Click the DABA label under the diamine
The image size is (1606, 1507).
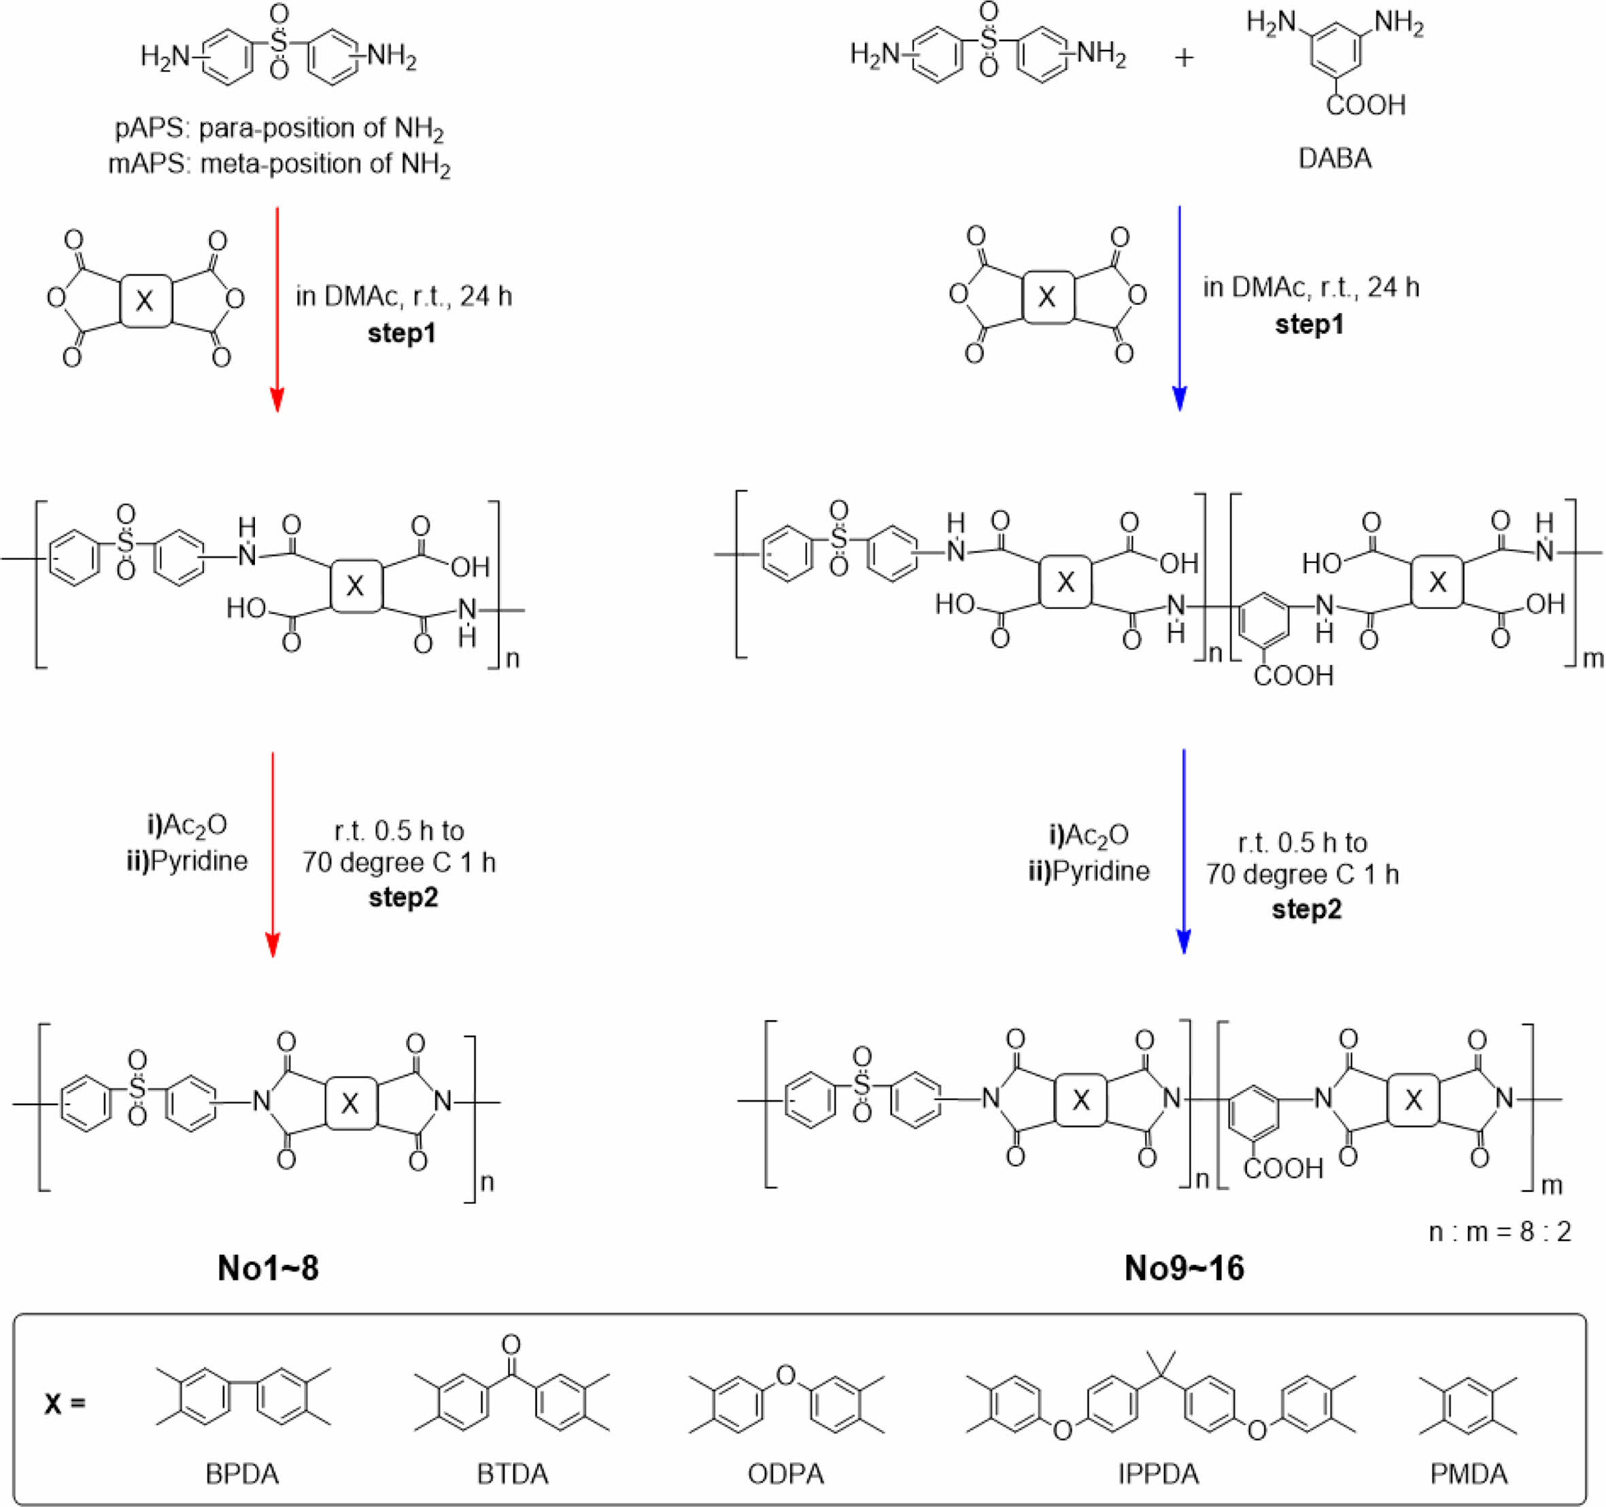tap(1335, 158)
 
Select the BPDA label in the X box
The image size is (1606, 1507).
tap(242, 1474)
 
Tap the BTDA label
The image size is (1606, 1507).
tap(512, 1474)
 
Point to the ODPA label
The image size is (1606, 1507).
tap(786, 1474)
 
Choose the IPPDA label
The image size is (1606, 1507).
tap(1159, 1474)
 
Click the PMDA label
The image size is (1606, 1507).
tap(1469, 1474)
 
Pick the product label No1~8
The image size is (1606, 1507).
tap(268, 1268)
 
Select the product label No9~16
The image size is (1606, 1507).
tap(1184, 1268)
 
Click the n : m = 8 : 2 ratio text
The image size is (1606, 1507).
tap(1499, 1231)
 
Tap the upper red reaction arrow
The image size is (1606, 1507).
tap(277, 307)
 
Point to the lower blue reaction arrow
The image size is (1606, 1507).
tap(1184, 849)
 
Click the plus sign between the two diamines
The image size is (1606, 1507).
tap(1184, 58)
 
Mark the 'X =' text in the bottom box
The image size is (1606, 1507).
tap(65, 1404)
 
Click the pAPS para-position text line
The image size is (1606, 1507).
tap(279, 129)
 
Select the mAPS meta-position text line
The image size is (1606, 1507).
tap(279, 165)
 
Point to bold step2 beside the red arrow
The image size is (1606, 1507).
tap(403, 897)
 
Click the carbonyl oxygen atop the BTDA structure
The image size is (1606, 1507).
tap(511, 1344)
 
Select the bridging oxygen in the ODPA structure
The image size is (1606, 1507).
tap(785, 1374)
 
